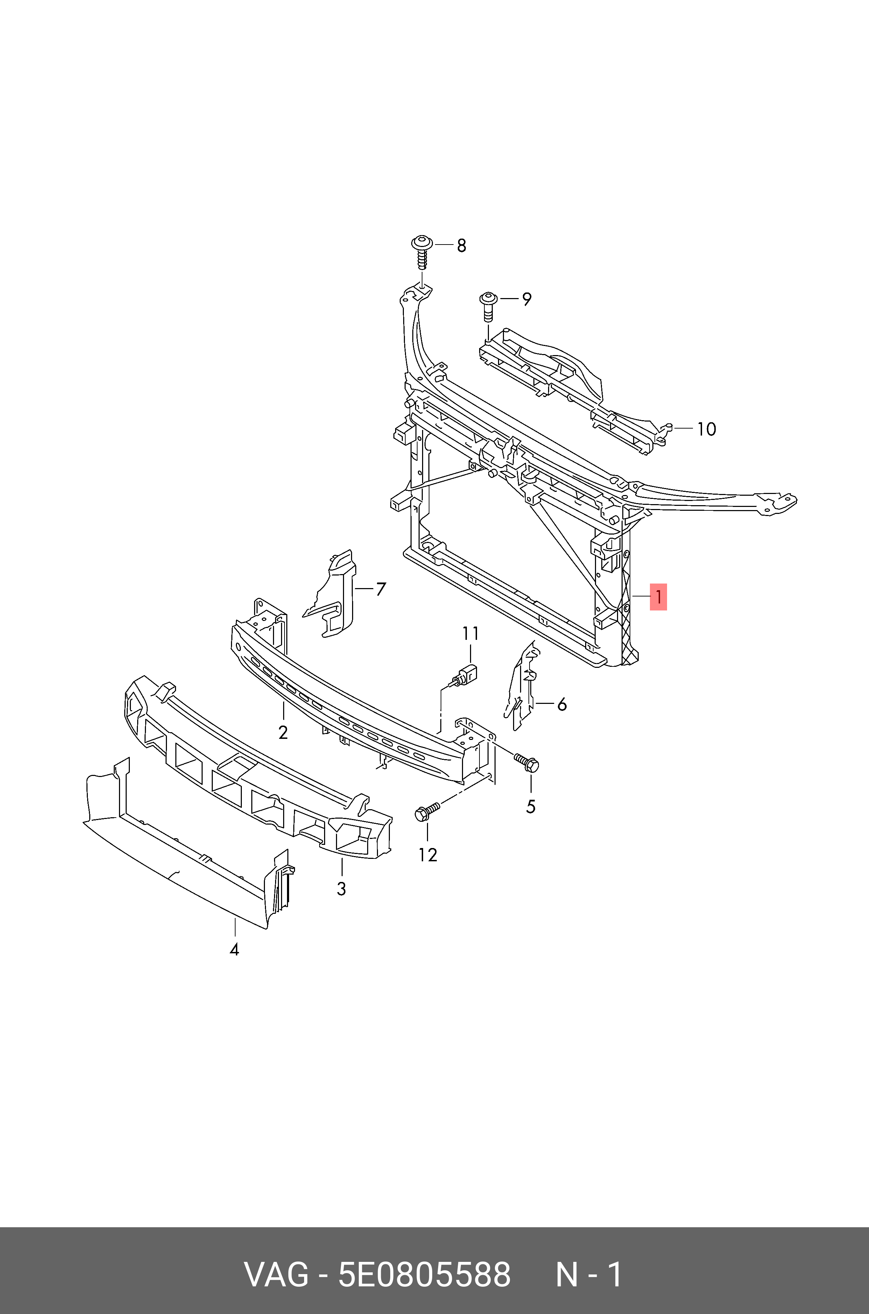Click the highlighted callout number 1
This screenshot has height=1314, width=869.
[658, 597]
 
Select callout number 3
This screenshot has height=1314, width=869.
[341, 889]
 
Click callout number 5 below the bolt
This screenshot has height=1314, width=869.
[531, 807]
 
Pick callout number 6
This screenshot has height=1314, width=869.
[562, 705]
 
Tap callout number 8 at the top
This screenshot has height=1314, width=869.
[461, 245]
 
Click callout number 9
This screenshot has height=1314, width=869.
[526, 299]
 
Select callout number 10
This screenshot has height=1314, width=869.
[706, 429]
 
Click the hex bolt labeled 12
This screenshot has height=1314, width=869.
[427, 812]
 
